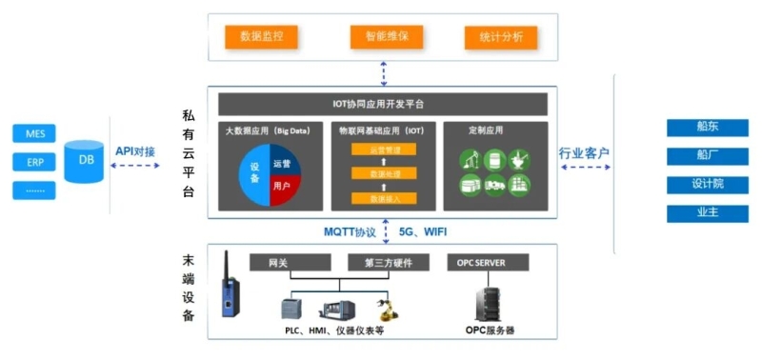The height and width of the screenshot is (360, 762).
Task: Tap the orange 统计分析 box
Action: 501,38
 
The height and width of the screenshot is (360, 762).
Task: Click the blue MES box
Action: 35,134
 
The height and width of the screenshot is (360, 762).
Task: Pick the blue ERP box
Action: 35,162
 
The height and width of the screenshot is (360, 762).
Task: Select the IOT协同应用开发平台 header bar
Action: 383,103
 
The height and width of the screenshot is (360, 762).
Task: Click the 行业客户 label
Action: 584,152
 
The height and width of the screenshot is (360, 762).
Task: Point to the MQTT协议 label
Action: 351,231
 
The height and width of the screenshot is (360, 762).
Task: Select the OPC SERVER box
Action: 488,262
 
